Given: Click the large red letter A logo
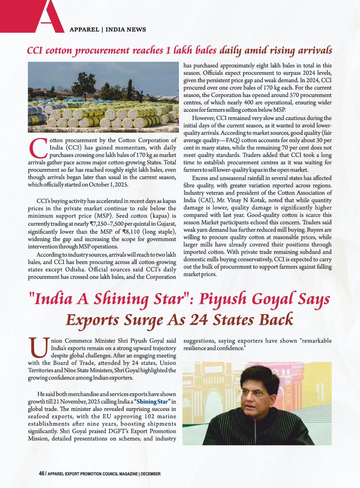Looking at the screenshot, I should coord(46,17).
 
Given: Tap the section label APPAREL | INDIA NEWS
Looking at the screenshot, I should coord(108,30).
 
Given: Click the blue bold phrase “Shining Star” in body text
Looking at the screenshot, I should coord(152,401).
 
